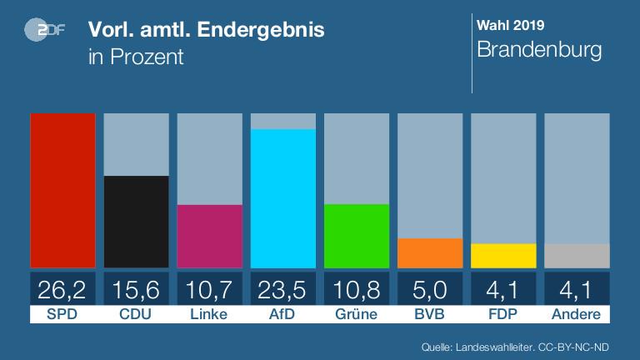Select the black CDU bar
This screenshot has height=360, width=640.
(x=136, y=222)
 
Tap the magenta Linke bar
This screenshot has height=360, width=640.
(x=209, y=236)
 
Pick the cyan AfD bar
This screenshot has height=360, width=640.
(x=283, y=198)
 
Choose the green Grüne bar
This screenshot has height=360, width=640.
(x=357, y=236)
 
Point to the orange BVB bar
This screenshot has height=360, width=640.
(x=430, y=253)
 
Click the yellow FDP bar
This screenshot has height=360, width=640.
(x=503, y=256)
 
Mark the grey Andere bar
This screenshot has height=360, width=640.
(x=577, y=256)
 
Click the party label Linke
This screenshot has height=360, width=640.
(x=209, y=314)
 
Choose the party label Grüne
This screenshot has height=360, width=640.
(x=357, y=314)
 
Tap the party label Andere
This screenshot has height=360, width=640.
(x=577, y=314)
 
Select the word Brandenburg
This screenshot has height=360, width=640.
(x=538, y=50)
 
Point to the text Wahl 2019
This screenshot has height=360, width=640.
(x=510, y=24)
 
